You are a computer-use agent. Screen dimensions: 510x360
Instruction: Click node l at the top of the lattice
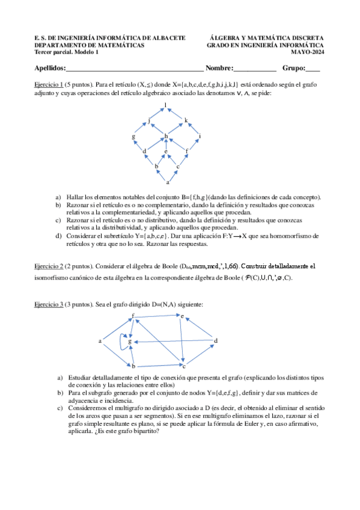pos(166,105)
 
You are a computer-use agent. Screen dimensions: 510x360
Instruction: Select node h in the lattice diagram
pos(166,137)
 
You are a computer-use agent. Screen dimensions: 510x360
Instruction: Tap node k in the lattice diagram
pos(186,121)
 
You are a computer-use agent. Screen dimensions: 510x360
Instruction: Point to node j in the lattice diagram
pos(150,121)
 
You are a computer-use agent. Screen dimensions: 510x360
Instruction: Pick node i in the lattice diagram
pos(200,137)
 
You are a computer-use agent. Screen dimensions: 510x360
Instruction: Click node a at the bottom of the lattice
pos(168,181)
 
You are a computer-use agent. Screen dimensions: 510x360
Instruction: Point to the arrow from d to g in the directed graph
pos(174,342)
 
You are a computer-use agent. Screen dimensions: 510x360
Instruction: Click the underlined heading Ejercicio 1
pos(49,85)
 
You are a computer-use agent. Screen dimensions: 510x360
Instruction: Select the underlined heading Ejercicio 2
pos(49,265)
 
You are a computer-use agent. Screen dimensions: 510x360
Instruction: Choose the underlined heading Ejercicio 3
pos(49,305)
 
